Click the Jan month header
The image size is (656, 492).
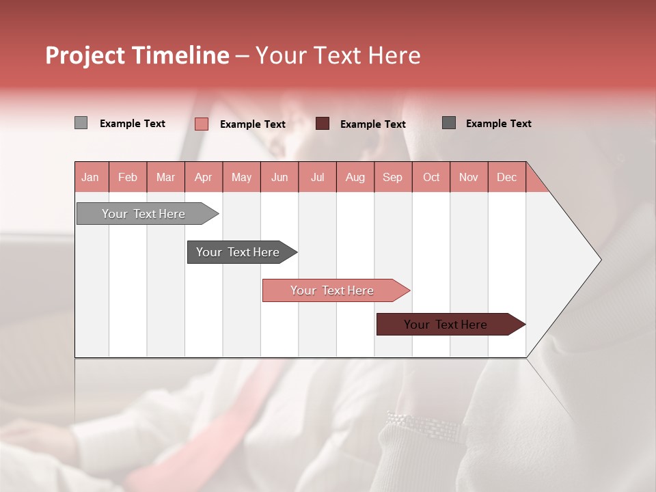click(90, 177)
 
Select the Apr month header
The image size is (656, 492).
click(203, 177)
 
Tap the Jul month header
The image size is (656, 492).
click(317, 177)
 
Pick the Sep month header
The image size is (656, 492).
click(392, 177)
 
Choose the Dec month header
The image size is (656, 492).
click(506, 177)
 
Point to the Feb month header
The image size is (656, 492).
click(128, 177)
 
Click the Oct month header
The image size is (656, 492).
click(431, 177)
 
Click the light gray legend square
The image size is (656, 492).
click(81, 123)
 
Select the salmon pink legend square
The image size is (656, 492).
click(201, 124)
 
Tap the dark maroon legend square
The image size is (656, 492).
click(323, 124)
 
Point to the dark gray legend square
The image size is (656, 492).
click(449, 123)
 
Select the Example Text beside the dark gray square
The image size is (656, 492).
click(498, 124)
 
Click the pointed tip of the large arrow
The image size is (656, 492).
click(599, 260)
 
